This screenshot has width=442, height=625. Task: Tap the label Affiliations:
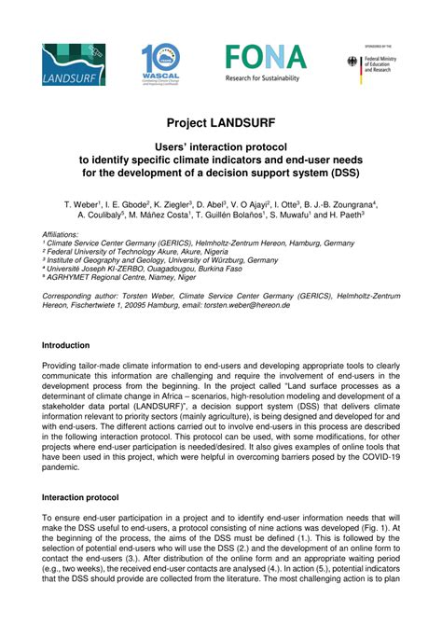pyautogui.click(x=67, y=233)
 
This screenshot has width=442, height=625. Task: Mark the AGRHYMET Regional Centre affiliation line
pyautogui.click(x=119, y=277)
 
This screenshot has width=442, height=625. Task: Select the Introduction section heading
pyautogui.click(x=79, y=345)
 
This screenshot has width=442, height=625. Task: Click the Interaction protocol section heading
pyautogui.click(x=94, y=498)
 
